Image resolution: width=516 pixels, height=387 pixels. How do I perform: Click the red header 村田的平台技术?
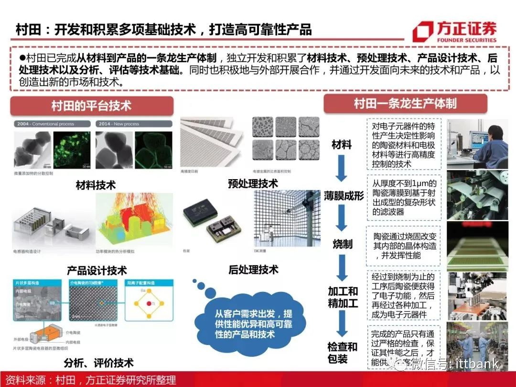[x=91, y=106]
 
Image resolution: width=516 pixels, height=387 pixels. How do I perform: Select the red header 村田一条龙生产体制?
[x=405, y=103]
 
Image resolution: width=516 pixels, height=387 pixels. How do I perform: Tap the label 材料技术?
[x=96, y=185]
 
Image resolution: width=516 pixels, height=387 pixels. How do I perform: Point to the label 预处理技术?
[x=253, y=183]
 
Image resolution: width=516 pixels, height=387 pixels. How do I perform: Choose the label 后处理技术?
[x=253, y=269]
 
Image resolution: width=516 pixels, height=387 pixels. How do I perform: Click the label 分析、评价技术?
[x=98, y=363]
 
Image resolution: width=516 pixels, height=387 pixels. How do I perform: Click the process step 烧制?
[x=342, y=244]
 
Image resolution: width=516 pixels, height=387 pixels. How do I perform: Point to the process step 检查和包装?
[x=342, y=353]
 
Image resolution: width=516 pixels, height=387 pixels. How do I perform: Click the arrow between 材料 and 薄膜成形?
[x=341, y=170]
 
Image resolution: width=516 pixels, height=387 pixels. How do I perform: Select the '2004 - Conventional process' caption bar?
[x=52, y=124]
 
